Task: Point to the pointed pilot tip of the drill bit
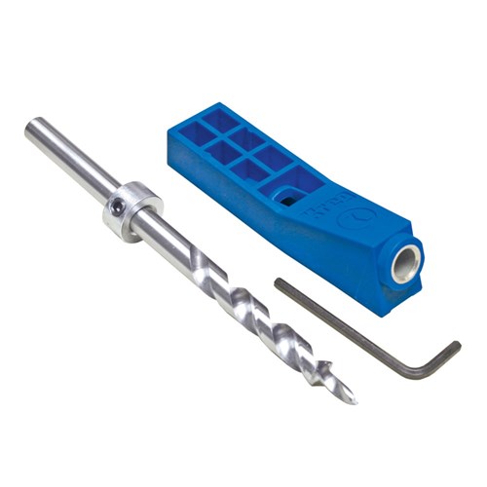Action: (353, 398)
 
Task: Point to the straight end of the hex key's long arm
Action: (279, 283)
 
